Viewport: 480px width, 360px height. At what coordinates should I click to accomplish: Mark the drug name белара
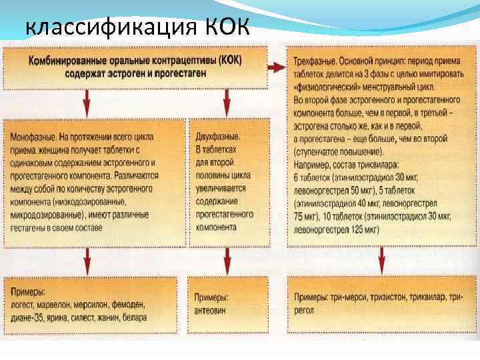click(x=151, y=315)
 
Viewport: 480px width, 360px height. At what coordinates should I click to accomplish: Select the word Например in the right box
click(x=313, y=163)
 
